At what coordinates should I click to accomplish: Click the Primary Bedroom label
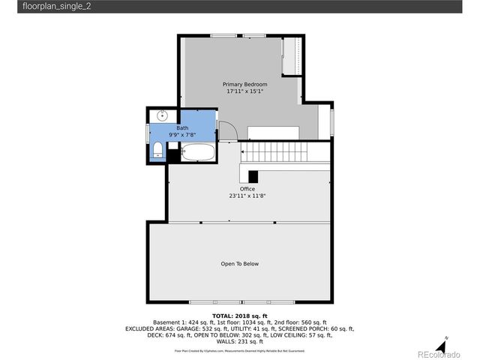click(x=244, y=84)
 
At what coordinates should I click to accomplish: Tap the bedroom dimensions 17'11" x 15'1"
click(x=244, y=92)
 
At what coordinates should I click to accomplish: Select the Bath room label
click(x=182, y=128)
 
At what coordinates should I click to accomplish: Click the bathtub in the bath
click(x=199, y=154)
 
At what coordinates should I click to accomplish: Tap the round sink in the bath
click(x=161, y=116)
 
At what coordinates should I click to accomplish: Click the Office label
click(x=247, y=189)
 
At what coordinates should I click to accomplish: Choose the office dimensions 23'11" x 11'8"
click(x=247, y=196)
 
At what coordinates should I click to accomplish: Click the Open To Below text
click(x=240, y=264)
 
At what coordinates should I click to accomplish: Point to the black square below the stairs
click(x=253, y=176)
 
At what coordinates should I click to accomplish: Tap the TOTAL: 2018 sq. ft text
click(x=240, y=316)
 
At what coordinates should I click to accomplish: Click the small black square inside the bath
click(x=173, y=155)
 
